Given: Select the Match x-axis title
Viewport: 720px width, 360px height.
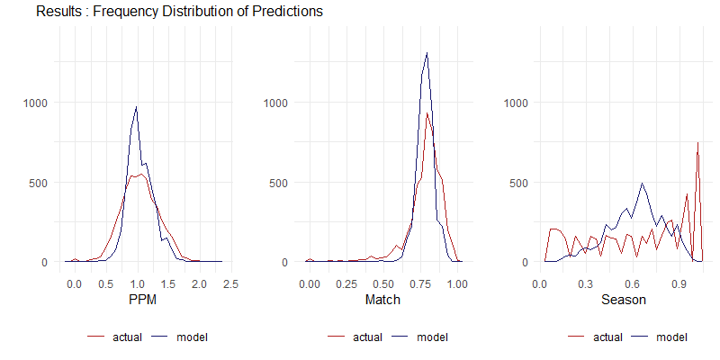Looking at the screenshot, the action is [x=382, y=300].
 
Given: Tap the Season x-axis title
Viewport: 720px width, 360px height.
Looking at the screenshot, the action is [x=624, y=300].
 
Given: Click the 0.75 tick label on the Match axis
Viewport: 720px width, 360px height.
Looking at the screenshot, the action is [x=383, y=283].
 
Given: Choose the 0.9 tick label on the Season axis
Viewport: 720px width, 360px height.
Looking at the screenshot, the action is [x=679, y=283].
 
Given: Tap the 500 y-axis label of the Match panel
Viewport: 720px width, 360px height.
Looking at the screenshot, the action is [x=279, y=183].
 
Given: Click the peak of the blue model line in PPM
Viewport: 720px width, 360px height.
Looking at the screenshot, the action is [x=137, y=106].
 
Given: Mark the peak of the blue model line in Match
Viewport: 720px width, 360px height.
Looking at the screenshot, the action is [x=427, y=52].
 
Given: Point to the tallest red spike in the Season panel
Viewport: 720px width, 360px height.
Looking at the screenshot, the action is [x=698, y=142].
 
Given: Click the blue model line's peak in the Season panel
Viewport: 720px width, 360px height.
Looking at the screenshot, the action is [x=642, y=184].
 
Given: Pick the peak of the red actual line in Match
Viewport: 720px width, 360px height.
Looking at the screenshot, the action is [x=427, y=113].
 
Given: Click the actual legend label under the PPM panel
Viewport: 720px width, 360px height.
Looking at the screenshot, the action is [x=127, y=337].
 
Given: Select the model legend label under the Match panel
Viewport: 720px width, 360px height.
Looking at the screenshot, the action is [x=432, y=337].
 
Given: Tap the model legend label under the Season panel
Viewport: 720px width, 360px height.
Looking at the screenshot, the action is [x=671, y=337].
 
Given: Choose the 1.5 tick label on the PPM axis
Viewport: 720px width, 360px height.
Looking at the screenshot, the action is [x=168, y=283].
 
